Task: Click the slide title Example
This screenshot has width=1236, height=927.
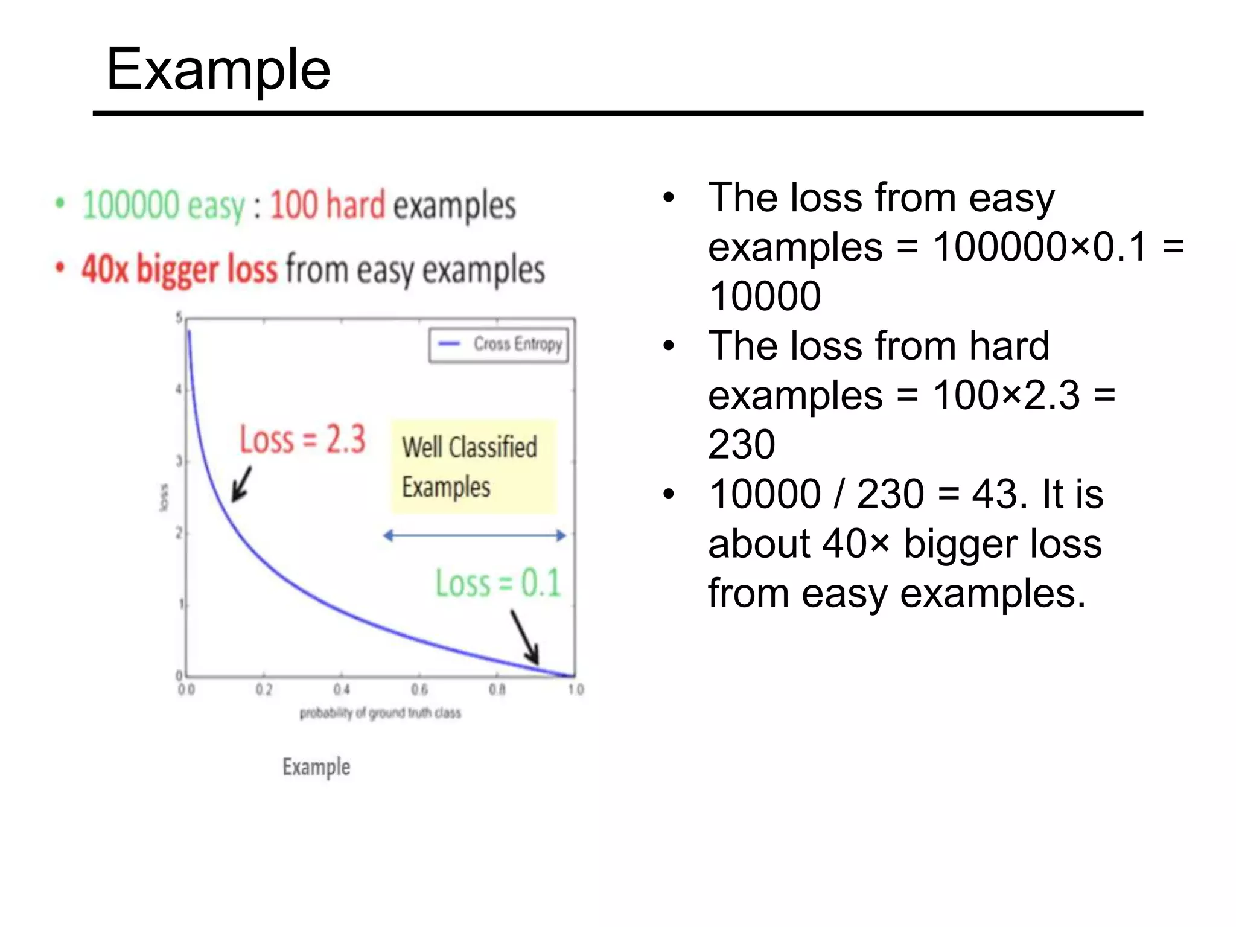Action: point(218,70)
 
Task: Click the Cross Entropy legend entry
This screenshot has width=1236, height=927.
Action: point(499,345)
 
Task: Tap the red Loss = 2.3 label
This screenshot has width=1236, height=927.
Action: point(302,439)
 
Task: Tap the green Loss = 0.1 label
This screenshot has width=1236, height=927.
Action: point(498,583)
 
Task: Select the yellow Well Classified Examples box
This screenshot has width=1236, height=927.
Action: point(473,467)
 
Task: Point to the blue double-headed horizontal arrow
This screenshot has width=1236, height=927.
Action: point(474,535)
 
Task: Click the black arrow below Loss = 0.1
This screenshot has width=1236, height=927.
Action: point(525,637)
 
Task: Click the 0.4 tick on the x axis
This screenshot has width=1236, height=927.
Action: point(342,689)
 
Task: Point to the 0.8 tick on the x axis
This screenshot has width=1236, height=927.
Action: point(497,689)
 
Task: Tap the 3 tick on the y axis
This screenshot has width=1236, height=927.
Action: point(179,462)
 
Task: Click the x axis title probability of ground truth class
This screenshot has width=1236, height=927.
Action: point(380,713)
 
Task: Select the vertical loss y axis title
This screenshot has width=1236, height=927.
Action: point(164,497)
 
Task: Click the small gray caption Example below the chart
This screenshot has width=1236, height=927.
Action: point(316,767)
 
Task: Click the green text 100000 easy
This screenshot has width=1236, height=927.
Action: point(164,205)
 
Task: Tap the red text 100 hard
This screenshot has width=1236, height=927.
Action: point(327,205)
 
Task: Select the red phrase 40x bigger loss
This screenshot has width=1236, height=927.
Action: point(180,269)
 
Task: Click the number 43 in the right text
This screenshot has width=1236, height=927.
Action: point(993,494)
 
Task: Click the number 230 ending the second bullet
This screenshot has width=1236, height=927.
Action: point(742,445)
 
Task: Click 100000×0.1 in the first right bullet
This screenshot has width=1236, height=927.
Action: point(1039,247)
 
